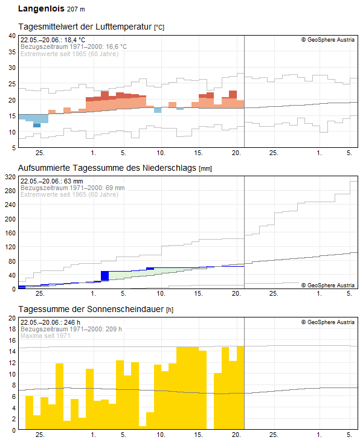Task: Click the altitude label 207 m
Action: tap(76, 10)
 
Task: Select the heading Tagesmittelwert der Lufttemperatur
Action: tap(86, 27)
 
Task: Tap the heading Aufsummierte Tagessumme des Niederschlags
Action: tap(108, 167)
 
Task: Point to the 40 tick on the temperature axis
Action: tap(11, 36)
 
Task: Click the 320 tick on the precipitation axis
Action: tap(9, 177)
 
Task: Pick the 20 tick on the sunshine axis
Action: tap(11, 318)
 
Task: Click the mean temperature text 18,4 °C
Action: tap(73, 40)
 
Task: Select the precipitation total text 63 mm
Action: tap(73, 181)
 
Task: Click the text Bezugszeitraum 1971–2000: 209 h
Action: tap(71, 330)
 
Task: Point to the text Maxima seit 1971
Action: tap(45, 336)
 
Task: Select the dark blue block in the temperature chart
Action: tap(37, 125)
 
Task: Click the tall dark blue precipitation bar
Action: tap(104, 276)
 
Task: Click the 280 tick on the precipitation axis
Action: tap(9, 191)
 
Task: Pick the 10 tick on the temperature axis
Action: tap(11, 132)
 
